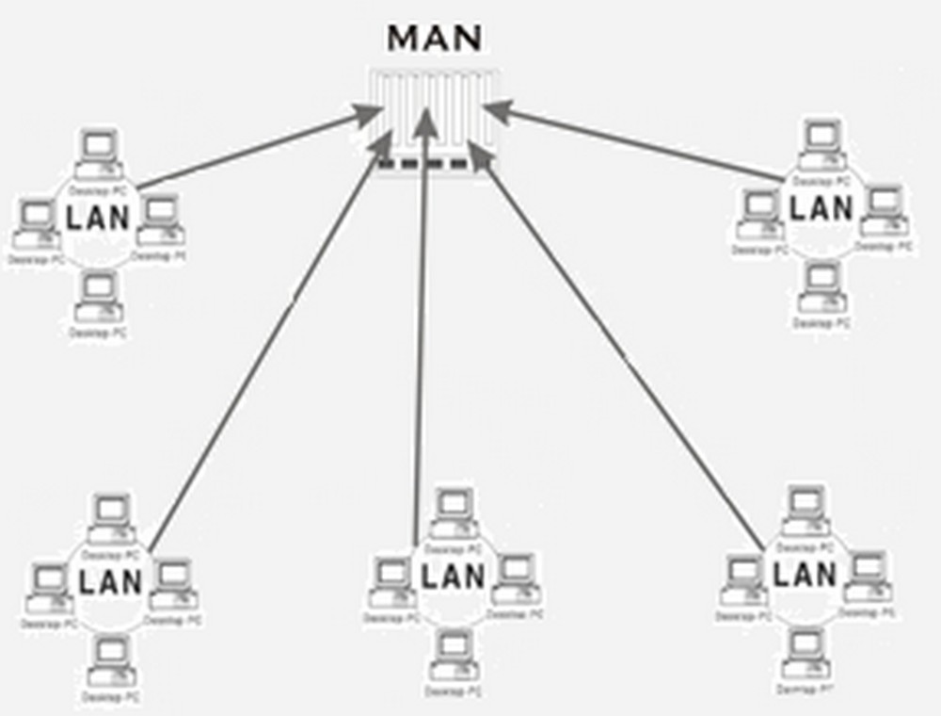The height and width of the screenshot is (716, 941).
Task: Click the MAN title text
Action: click(x=435, y=39)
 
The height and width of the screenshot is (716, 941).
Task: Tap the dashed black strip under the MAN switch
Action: click(x=423, y=166)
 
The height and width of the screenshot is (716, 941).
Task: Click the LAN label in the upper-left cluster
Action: click(x=98, y=219)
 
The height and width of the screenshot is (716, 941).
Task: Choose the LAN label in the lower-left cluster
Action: click(x=110, y=581)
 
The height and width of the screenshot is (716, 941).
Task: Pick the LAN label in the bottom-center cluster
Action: click(x=453, y=575)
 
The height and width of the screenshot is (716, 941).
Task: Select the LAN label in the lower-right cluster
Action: click(x=804, y=573)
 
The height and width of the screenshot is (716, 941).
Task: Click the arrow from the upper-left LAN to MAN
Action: click(x=254, y=150)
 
